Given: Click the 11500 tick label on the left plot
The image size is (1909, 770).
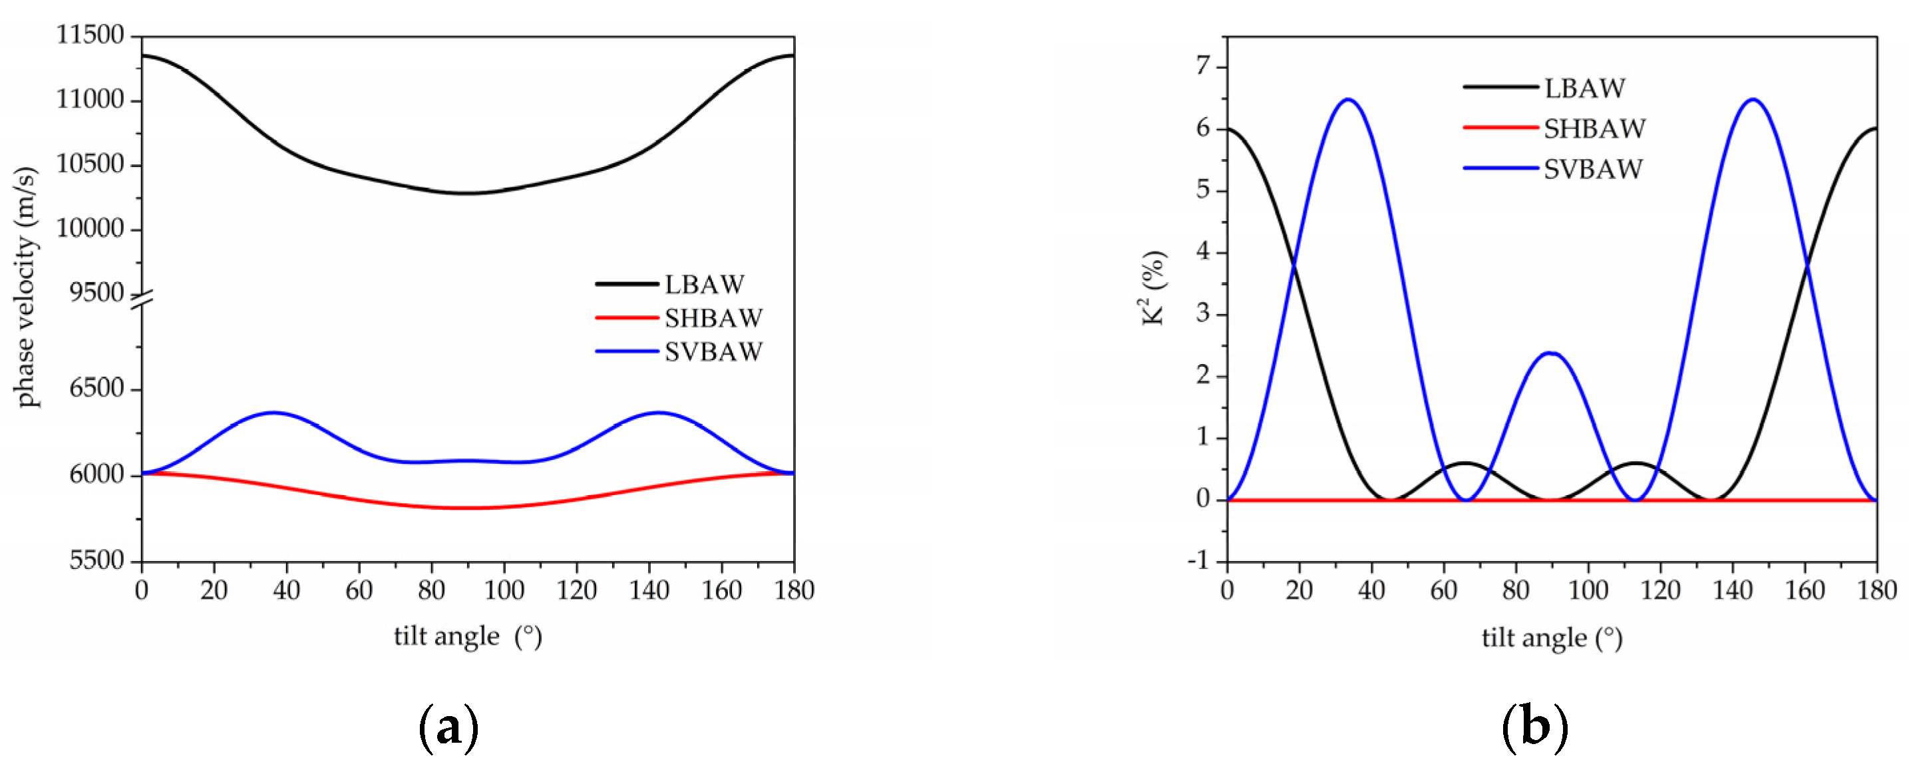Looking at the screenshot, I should pos(90,35).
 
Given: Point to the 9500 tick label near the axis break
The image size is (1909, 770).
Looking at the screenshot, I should pos(96,293).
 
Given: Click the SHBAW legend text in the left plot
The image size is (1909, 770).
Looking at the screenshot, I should pos(713,318).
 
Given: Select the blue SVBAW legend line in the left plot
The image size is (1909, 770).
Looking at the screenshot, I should pos(626,351).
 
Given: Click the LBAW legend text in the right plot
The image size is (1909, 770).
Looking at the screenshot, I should pos(1584,89).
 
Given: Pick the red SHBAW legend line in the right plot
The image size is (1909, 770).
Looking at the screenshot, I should pos(1500,128).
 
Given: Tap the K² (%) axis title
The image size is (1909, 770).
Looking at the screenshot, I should pos(1154,288).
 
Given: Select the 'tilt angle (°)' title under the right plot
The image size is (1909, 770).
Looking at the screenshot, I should pos(1552,638).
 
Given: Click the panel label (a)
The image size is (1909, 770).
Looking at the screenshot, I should pos(449,729).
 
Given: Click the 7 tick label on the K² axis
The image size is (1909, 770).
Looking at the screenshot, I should pos(1201,67).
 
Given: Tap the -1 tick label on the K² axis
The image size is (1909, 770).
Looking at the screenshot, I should pos(1197,561).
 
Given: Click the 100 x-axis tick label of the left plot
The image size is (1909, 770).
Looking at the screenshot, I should pos(504,591).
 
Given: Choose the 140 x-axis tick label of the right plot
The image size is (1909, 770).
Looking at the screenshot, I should pos(1732,591).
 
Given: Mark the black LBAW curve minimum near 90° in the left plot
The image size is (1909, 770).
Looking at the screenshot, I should pos(467,194).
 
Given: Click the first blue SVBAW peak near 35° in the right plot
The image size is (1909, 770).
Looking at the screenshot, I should pos(1348,99).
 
